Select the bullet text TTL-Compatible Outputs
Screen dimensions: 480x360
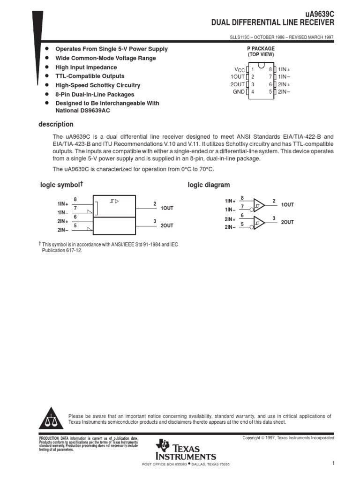pos(90,76)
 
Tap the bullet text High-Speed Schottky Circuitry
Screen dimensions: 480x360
pos(97,85)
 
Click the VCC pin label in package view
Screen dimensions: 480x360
pos(239,69)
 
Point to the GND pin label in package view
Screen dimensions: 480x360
pos(239,92)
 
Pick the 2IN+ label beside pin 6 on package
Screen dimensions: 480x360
pos(284,84)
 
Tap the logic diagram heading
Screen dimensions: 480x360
pos(209,185)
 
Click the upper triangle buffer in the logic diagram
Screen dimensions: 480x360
pos(259,204)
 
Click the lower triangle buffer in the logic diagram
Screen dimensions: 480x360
pos(259,222)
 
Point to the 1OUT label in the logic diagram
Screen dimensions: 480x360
pos(287,205)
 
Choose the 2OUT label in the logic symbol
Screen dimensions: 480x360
pos(167,225)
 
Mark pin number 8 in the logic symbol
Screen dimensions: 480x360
pos(75,199)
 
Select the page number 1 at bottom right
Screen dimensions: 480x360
pos(332,464)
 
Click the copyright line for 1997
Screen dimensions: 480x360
pos(288,438)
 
